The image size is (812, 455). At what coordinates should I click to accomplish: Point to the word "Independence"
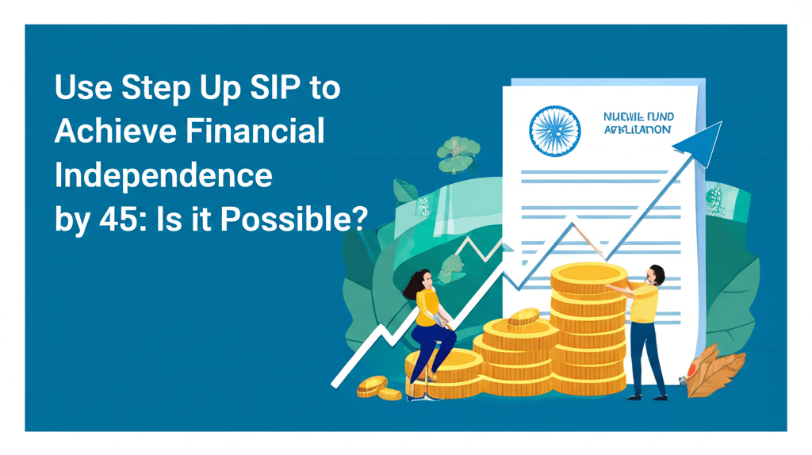point(163,175)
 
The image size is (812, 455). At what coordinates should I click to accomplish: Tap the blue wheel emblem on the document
point(555,129)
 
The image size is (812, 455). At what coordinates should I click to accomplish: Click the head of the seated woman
point(421,280)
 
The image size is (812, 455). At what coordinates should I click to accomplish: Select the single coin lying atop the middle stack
point(524,318)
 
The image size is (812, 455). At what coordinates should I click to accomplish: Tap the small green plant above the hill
point(458,153)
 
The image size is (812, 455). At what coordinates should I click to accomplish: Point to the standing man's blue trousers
point(649,357)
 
